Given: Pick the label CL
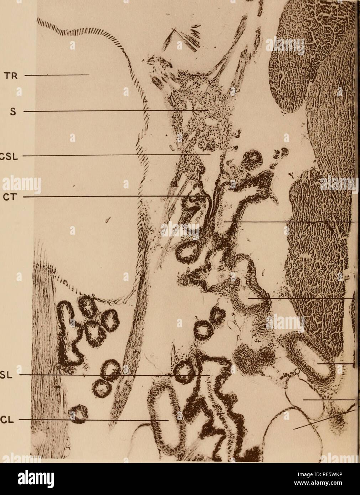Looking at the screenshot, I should coord(7,420).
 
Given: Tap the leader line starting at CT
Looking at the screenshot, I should coord(114,197).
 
